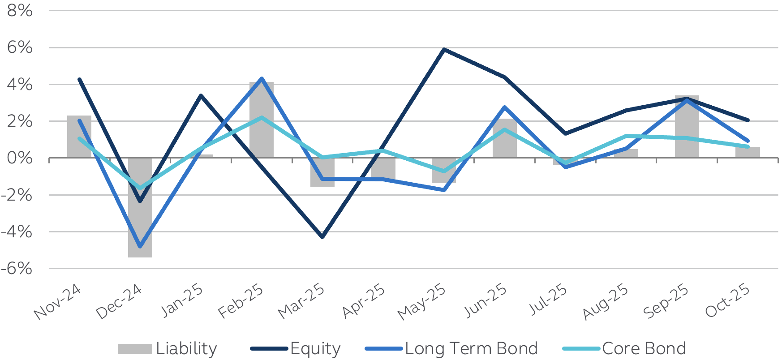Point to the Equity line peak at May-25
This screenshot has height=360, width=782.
tap(443, 49)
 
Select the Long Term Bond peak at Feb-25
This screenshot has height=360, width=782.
tap(262, 79)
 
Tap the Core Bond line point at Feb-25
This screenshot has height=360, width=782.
tap(262, 117)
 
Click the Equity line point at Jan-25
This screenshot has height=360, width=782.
tap(201, 95)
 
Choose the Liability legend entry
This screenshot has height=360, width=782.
tap(168, 348)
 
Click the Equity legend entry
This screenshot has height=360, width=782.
tap(296, 348)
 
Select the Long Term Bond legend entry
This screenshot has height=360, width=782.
tap(451, 348)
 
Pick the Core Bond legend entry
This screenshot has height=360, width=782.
tap(624, 348)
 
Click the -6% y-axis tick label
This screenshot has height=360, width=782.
tap(17, 269)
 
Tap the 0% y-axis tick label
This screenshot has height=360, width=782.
tap(20, 158)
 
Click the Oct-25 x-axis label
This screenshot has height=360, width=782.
tap(728, 301)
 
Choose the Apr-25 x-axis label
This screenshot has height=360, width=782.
tap(364, 301)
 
